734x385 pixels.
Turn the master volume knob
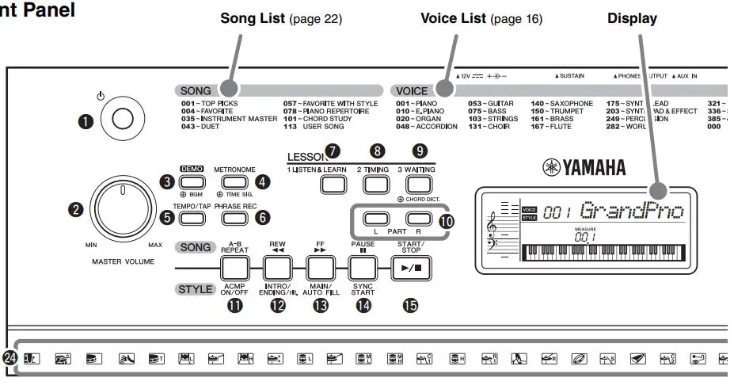pyautogui.click(x=122, y=210)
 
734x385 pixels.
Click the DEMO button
pyautogui.click(x=192, y=181)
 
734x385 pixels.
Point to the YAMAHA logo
pyautogui.click(x=584, y=167)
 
